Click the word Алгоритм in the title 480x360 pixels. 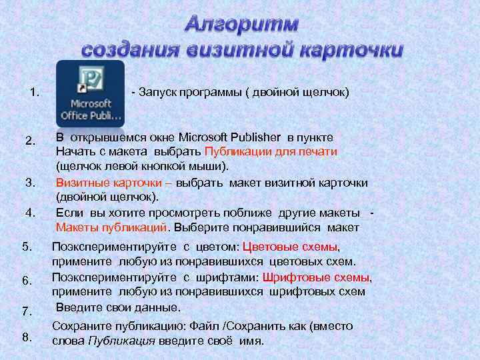pyautogui.click(x=241, y=24)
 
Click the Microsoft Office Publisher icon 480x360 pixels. pyautogui.click(x=90, y=93)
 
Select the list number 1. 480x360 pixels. pyautogui.click(x=35, y=91)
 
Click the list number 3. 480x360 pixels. pyautogui.click(x=30, y=182)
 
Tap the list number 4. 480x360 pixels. pyautogui.click(x=30, y=213)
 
